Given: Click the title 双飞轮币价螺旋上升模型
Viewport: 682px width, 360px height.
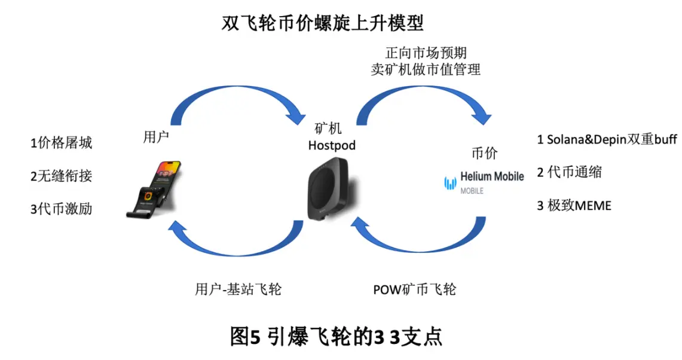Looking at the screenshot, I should click(323, 23).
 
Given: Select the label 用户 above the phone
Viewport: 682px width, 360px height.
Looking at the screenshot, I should click(156, 136).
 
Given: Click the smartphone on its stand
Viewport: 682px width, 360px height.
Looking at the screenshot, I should click(157, 188).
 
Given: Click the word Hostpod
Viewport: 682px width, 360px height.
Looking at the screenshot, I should click(331, 145).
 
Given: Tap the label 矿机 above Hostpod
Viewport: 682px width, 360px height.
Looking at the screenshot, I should click(331, 129).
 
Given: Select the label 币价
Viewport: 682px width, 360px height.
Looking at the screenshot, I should click(484, 153).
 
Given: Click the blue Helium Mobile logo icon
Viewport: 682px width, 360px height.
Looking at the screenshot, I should click(449, 182).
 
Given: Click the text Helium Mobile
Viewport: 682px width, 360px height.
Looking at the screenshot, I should click(492, 176).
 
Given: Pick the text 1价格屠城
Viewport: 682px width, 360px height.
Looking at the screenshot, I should click(62, 143).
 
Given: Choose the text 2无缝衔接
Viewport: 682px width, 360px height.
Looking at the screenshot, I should click(62, 176).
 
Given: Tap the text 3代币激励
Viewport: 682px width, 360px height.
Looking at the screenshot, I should click(62, 209).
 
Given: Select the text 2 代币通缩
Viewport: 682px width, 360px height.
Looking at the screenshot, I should click(569, 173).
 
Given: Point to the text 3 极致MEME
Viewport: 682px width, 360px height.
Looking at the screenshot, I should click(574, 206).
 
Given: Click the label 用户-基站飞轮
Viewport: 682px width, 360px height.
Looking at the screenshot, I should click(238, 289).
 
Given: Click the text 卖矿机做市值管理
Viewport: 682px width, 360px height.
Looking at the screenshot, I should click(425, 69).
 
